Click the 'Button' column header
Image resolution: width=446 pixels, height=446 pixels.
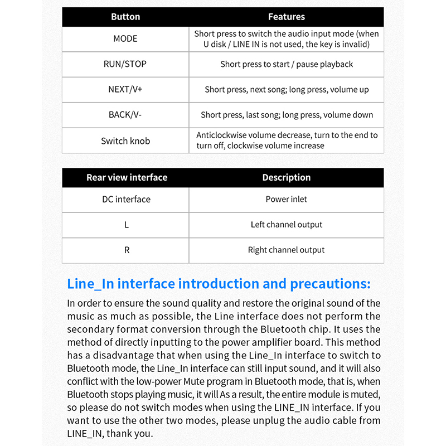[125, 17]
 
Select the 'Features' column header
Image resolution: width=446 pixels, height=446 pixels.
[287, 17]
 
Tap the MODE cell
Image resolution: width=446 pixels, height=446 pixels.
[125, 38]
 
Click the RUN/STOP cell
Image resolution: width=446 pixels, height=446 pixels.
[125, 64]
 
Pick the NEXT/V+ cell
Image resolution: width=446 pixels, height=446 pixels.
[125, 89]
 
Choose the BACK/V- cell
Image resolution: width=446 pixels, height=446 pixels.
[125, 115]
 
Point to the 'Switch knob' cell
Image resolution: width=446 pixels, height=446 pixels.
[125, 141]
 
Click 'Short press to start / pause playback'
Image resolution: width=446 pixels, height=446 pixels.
[287, 64]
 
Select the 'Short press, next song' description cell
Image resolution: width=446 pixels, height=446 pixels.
[287, 89]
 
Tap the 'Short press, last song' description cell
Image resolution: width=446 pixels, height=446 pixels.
[287, 115]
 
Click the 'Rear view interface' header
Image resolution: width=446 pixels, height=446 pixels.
[127, 177]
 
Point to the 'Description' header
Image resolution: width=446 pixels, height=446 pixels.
[287, 177]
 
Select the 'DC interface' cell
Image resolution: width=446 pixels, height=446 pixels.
[126, 199]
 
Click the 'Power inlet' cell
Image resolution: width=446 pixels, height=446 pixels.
[287, 199]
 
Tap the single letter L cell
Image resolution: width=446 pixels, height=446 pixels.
[127, 225]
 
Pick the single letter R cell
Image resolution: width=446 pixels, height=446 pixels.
[127, 250]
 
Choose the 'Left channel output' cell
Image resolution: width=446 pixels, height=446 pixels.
[287, 225]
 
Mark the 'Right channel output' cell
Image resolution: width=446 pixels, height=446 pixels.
[287, 250]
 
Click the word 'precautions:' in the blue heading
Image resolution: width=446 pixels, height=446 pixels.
[330, 284]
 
